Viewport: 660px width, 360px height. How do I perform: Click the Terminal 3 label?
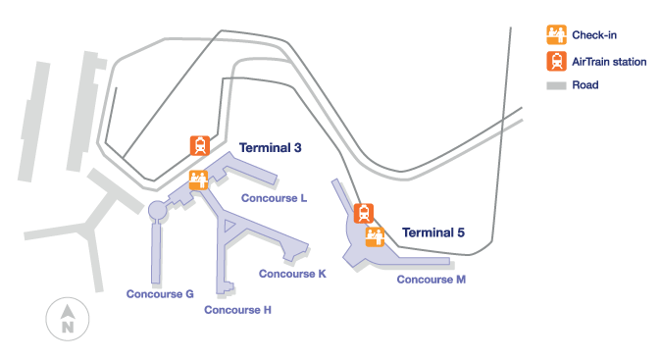pos(270,148)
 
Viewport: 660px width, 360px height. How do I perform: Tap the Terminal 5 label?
pos(432,232)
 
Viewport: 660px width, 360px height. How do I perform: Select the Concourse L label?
pos(276,198)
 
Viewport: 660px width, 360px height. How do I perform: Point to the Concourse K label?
pos(292,274)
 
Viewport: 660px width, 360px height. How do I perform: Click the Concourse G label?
pos(160,293)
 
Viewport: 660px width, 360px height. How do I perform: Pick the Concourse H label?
pos(237,310)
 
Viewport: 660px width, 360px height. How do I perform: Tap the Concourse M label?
pos(431,280)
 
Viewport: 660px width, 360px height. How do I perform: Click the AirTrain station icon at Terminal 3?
pos(200,146)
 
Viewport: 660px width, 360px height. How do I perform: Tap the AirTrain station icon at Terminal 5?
pos(364,213)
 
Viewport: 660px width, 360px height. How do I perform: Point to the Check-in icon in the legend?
pos(556,34)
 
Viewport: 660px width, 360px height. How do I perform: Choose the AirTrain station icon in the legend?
pos(556,61)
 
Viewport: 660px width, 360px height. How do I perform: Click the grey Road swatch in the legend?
pos(556,86)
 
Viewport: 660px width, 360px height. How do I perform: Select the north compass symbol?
pos(68,320)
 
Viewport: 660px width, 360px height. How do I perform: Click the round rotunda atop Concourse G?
pos(156,210)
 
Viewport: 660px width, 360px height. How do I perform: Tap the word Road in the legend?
pos(585,86)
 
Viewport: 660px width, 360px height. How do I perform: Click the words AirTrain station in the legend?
pos(609,61)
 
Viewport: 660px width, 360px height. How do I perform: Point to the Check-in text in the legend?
pos(593,35)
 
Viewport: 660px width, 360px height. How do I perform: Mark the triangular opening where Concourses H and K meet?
pos(229,228)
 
